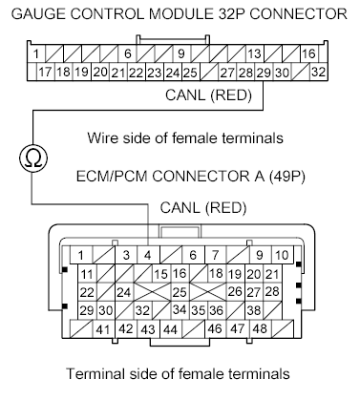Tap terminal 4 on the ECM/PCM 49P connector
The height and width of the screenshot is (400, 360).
148,255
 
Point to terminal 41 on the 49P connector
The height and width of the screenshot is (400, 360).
102,329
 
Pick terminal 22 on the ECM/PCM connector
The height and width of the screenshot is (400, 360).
87,292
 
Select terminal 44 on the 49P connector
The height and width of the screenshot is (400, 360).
169,329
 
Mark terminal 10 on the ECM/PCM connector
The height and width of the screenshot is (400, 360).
282,255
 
